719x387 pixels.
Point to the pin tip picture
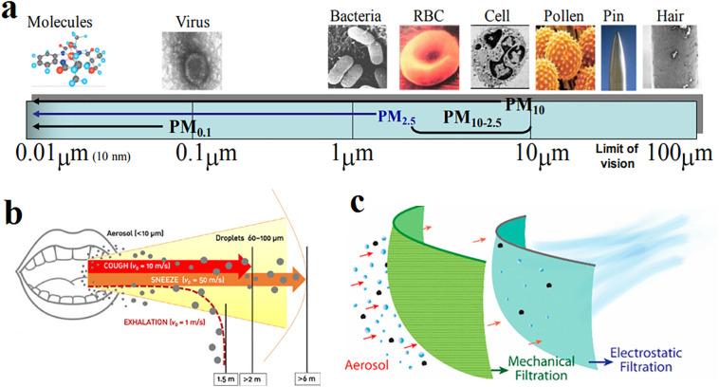tap(618, 58)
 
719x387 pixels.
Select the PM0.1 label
tap(190, 127)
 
